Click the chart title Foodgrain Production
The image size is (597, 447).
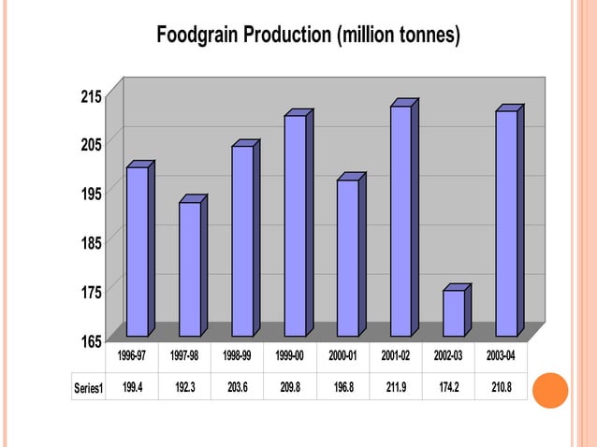[308, 36]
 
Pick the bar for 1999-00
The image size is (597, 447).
[295, 224]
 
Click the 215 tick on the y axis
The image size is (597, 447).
[90, 96]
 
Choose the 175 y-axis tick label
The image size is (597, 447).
[90, 292]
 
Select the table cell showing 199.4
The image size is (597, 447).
[132, 387]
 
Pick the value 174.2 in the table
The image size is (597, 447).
[449, 387]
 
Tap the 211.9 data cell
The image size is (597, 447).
[396, 387]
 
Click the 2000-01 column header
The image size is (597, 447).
[343, 357]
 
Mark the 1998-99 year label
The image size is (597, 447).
[238, 357]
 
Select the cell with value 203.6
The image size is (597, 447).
[238, 387]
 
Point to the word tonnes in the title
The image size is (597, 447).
[420, 36]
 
